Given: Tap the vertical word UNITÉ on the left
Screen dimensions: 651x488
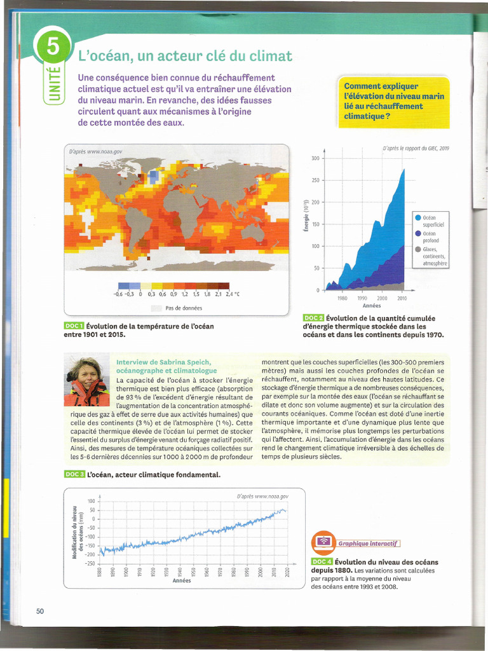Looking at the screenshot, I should (54, 83).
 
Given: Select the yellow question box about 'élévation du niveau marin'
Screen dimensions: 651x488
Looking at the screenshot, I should (394, 101).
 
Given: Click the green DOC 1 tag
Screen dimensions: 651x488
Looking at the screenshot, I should (74, 326).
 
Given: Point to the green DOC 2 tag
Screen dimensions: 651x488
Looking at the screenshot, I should (313, 318).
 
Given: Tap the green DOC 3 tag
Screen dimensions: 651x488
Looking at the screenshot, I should (74, 474).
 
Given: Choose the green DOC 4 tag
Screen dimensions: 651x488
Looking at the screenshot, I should (322, 562).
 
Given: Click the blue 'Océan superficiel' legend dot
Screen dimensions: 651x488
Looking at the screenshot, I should (417, 217).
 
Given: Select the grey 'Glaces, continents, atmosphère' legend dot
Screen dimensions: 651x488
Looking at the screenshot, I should (417, 249).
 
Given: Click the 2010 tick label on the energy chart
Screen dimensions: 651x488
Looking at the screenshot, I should (402, 298).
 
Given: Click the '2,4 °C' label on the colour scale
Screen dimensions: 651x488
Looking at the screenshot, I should (233, 294).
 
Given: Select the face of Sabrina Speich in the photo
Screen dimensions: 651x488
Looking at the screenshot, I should (88, 375).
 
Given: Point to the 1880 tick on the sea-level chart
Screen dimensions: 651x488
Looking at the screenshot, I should (100, 572).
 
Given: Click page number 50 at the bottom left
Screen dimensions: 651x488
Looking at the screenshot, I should (39, 612).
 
